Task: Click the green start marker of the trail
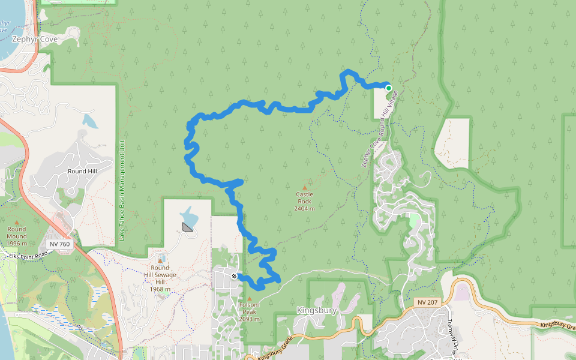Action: (388, 88)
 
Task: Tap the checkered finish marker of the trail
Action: (234, 276)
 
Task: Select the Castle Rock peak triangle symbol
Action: (304, 187)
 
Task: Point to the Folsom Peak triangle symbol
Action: (249, 298)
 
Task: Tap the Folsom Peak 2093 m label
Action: (249, 311)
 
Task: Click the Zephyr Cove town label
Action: (35, 39)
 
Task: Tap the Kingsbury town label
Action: (316, 311)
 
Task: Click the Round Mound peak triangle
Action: (17, 221)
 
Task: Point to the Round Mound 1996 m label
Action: (17, 235)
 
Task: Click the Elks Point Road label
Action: (29, 256)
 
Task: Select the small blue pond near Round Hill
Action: (91, 121)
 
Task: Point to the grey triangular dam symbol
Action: (188, 226)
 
